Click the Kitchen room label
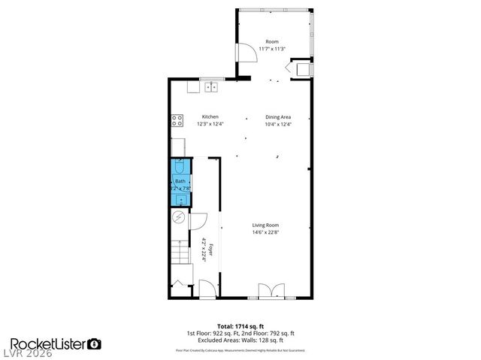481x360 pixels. [x=210, y=116]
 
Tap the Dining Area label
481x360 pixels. [x=277, y=116]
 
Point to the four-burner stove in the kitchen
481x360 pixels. [x=177, y=118]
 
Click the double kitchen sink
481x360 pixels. [x=212, y=87]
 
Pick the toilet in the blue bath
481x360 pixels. [x=180, y=168]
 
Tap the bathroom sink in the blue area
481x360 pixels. [x=180, y=198]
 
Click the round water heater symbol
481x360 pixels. [x=179, y=218]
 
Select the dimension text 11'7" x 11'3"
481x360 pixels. [x=271, y=49]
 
